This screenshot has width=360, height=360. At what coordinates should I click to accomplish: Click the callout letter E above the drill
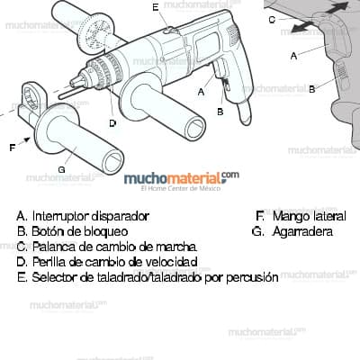tap(156, 7)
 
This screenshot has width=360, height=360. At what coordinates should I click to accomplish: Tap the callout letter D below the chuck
tap(112, 123)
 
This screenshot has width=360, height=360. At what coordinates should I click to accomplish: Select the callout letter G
tap(61, 169)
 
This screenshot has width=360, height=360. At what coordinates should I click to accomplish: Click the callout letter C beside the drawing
tap(272, 19)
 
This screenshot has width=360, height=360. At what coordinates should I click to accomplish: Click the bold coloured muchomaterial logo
tap(180, 179)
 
